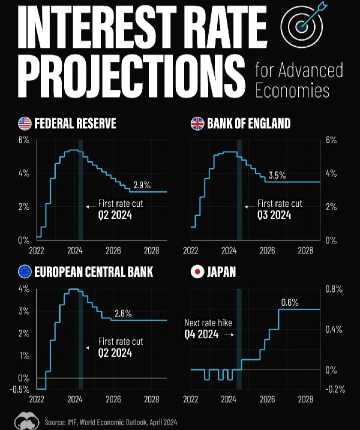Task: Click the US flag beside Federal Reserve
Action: click(x=24, y=123)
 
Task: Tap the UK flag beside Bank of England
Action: click(x=197, y=123)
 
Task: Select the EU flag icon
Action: click(x=24, y=272)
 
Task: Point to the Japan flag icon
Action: click(x=197, y=272)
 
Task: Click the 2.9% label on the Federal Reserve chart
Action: click(x=142, y=185)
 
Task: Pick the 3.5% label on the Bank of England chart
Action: click(x=277, y=175)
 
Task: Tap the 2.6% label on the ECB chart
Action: click(x=123, y=314)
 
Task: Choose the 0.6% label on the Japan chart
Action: click(x=289, y=303)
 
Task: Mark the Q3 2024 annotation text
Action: click(x=274, y=215)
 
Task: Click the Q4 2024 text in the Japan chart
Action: click(x=201, y=335)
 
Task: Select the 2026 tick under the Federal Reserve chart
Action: click(x=113, y=250)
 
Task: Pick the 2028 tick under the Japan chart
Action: click(x=305, y=400)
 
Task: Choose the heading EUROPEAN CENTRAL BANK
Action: click(x=93, y=272)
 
